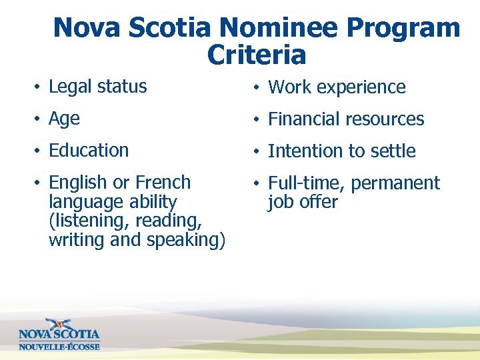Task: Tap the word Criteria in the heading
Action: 257,55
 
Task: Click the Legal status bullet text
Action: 98,87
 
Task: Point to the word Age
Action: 64,119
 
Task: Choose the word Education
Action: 89,151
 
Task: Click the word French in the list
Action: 163,183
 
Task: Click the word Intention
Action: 304,151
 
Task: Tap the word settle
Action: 392,151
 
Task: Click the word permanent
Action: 395,183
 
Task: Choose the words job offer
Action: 303,202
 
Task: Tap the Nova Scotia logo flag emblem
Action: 59,325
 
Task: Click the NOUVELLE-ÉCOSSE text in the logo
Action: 59,347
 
